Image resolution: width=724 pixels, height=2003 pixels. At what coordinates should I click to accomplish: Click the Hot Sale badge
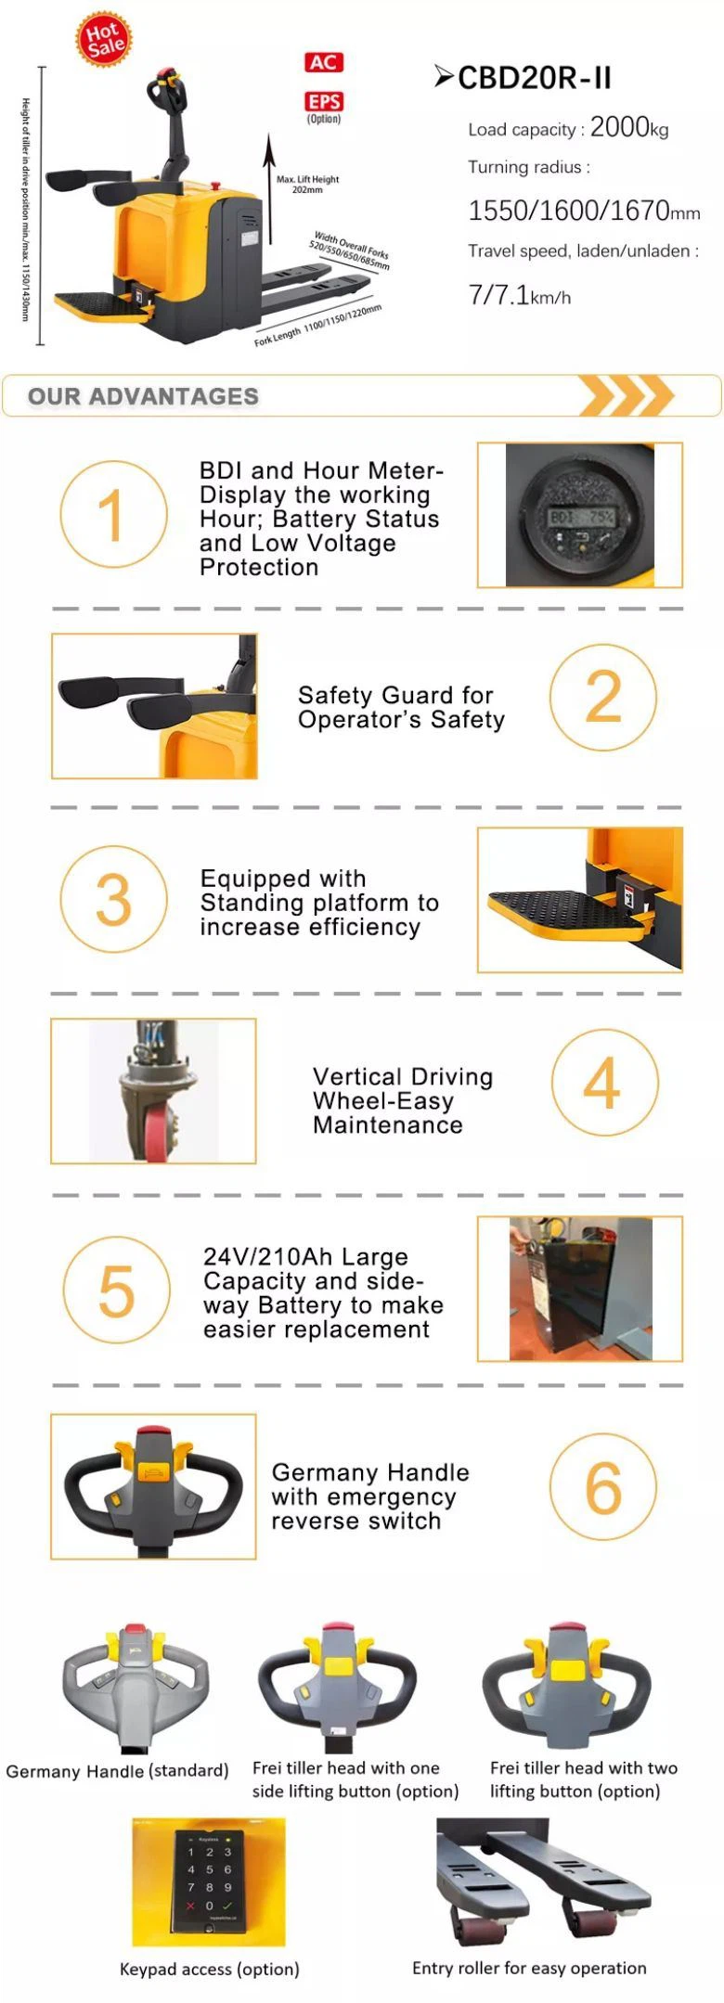coord(104,40)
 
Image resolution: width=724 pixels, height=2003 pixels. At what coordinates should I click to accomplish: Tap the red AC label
coord(324,62)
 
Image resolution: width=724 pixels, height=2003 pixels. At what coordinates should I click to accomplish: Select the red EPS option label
coord(324,102)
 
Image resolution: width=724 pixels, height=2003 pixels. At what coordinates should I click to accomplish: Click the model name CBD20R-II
coord(535,78)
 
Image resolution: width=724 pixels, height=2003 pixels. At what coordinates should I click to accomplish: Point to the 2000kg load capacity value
coord(628,128)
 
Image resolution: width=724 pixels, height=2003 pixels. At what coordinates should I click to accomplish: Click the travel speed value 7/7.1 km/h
coord(519,296)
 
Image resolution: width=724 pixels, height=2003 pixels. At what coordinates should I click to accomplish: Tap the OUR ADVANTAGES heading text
coord(143,396)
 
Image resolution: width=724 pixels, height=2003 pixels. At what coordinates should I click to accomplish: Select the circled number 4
coord(604,1082)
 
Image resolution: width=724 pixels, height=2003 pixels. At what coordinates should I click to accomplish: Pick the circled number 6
coord(602,1487)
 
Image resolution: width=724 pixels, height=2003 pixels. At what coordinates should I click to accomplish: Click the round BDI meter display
coord(580,516)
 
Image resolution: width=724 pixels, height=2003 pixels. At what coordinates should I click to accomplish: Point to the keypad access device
coord(209,1881)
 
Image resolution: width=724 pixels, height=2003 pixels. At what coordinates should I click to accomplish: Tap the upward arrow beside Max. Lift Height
coord(269,186)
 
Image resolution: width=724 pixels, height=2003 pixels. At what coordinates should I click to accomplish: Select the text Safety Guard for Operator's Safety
coord(401,707)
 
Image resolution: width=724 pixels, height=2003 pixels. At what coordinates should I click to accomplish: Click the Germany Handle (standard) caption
coord(117,1771)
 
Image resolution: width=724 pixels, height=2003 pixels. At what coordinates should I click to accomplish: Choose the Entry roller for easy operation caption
coord(529,1968)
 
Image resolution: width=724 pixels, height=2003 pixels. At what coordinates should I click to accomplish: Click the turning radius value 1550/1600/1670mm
coord(583,212)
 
